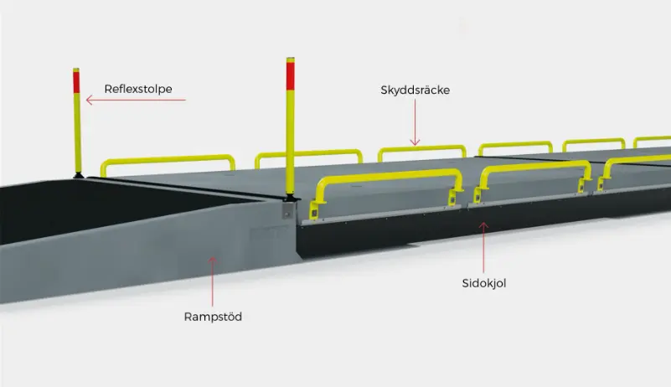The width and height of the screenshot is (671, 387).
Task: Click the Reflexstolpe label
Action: (x=138, y=89)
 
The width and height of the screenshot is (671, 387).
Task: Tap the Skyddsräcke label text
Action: (x=416, y=90)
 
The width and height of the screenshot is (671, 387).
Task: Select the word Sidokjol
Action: (x=484, y=283)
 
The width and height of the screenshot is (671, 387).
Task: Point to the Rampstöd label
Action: (x=213, y=317)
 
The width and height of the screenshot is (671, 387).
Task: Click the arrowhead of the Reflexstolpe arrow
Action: (x=90, y=101)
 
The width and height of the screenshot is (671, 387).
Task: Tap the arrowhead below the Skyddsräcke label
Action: (x=415, y=142)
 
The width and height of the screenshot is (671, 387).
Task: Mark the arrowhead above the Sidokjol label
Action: (x=483, y=225)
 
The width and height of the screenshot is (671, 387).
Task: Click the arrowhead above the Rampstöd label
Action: (x=212, y=261)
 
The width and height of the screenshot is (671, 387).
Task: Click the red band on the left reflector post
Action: (x=76, y=82)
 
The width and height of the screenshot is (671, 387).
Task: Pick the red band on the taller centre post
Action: (x=291, y=75)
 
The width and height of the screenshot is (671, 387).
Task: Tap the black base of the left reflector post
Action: (x=78, y=175)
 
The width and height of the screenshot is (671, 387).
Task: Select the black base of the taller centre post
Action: (x=291, y=198)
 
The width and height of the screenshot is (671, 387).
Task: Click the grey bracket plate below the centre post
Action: (x=288, y=210)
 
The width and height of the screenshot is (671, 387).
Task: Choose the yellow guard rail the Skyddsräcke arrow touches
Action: (x=421, y=148)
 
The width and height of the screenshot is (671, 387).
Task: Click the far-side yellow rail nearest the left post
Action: (x=168, y=159)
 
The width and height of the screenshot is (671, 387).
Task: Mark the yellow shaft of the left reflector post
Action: (x=77, y=132)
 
